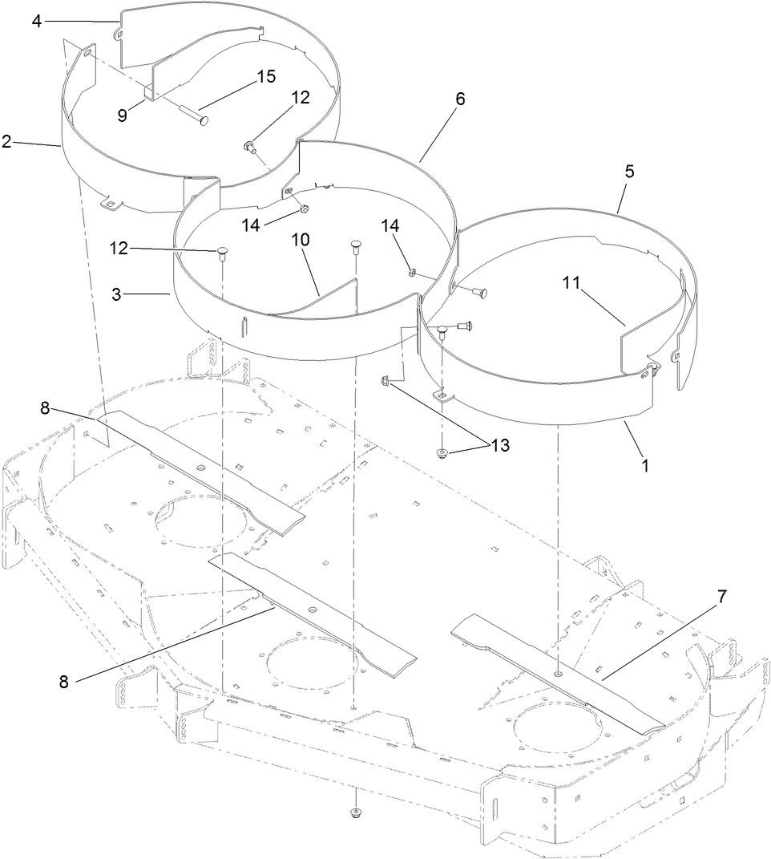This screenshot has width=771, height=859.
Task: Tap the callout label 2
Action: click(x=6, y=142)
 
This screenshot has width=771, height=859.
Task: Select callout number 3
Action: click(x=117, y=294)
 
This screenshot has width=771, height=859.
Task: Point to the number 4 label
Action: click(x=37, y=21)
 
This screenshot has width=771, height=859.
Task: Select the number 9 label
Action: click(x=122, y=115)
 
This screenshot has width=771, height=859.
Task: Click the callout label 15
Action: click(x=265, y=77)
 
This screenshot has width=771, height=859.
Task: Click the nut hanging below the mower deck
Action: click(x=355, y=815)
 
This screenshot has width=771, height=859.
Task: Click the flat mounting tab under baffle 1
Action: click(x=441, y=395)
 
